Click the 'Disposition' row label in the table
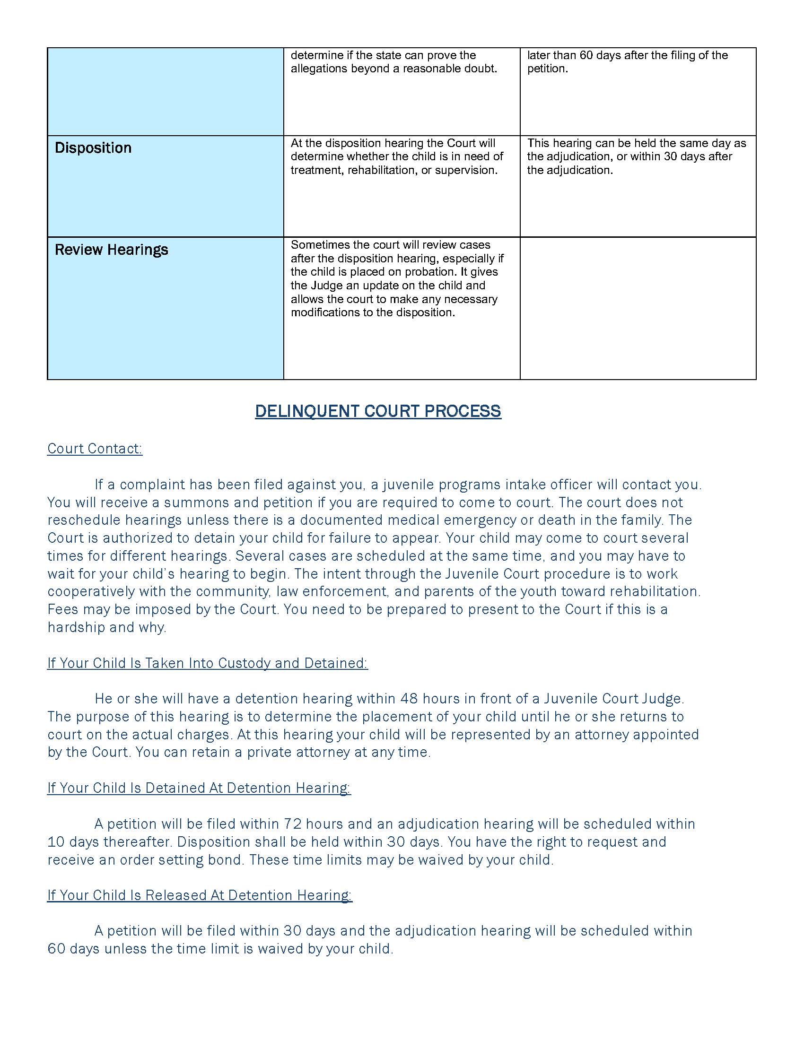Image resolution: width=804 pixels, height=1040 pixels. point(93,148)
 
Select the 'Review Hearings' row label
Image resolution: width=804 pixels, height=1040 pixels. point(111,250)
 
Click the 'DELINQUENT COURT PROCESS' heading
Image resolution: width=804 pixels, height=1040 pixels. point(378,411)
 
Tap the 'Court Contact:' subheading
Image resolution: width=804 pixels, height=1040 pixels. point(95,449)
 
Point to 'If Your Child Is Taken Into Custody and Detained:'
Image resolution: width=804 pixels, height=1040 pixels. point(207,663)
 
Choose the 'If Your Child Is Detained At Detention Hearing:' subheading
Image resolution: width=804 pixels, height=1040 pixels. point(199,788)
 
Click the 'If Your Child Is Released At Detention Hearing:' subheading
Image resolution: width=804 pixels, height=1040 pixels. point(200,895)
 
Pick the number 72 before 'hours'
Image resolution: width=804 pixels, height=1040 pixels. point(292,824)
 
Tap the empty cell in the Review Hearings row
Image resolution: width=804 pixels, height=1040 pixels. point(638,308)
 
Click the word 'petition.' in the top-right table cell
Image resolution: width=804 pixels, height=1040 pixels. point(547,69)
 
